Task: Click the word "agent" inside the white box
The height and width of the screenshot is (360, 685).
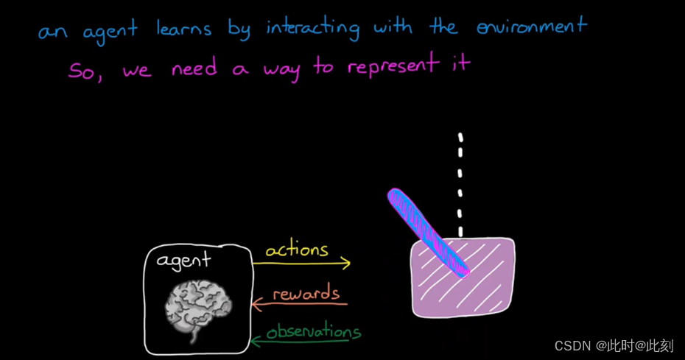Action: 183,261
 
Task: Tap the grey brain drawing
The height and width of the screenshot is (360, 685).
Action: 197,308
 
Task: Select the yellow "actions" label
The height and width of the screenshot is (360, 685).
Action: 297,250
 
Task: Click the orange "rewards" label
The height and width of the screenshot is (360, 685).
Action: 306,294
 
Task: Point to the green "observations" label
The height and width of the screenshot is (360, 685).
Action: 313,332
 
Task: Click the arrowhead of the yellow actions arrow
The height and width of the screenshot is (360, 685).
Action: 346,263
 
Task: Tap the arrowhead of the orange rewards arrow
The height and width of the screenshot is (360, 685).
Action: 256,303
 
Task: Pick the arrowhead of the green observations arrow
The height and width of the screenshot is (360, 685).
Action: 256,340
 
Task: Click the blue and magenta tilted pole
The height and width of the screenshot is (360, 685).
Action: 427,231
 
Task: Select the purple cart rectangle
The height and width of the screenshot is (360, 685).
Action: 486,283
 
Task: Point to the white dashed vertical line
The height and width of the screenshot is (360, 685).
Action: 461,184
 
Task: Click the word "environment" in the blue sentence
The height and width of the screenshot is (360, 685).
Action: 532,28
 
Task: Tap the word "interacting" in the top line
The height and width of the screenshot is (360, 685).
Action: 312,29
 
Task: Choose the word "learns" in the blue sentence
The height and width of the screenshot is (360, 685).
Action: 183,29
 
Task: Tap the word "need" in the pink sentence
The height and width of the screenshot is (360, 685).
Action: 194,68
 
